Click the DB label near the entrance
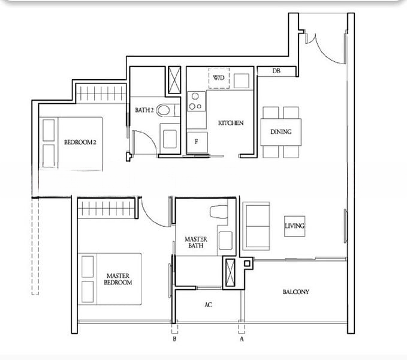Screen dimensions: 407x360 click(x=276, y=71)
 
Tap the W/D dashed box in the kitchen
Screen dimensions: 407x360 click(x=219, y=78)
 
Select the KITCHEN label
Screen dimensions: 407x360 click(x=231, y=123)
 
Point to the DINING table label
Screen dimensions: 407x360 click(x=281, y=131)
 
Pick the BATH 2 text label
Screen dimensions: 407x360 click(x=144, y=110)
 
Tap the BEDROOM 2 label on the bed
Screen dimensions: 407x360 click(x=80, y=142)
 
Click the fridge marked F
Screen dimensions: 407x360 click(x=197, y=142)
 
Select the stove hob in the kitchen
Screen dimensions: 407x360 click(x=196, y=101)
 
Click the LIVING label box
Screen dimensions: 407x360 click(x=294, y=226)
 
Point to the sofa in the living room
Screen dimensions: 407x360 click(x=256, y=226)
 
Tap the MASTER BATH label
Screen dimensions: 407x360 click(x=196, y=242)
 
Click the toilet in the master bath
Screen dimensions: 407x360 click(x=219, y=212)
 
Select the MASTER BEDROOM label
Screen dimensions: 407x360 click(x=118, y=279)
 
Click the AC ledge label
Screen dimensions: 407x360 click(x=208, y=305)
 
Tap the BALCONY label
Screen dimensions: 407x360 click(x=296, y=292)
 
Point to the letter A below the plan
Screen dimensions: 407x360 click(x=242, y=339)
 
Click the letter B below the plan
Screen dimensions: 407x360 click(x=174, y=339)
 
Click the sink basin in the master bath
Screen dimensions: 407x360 click(x=225, y=241)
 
